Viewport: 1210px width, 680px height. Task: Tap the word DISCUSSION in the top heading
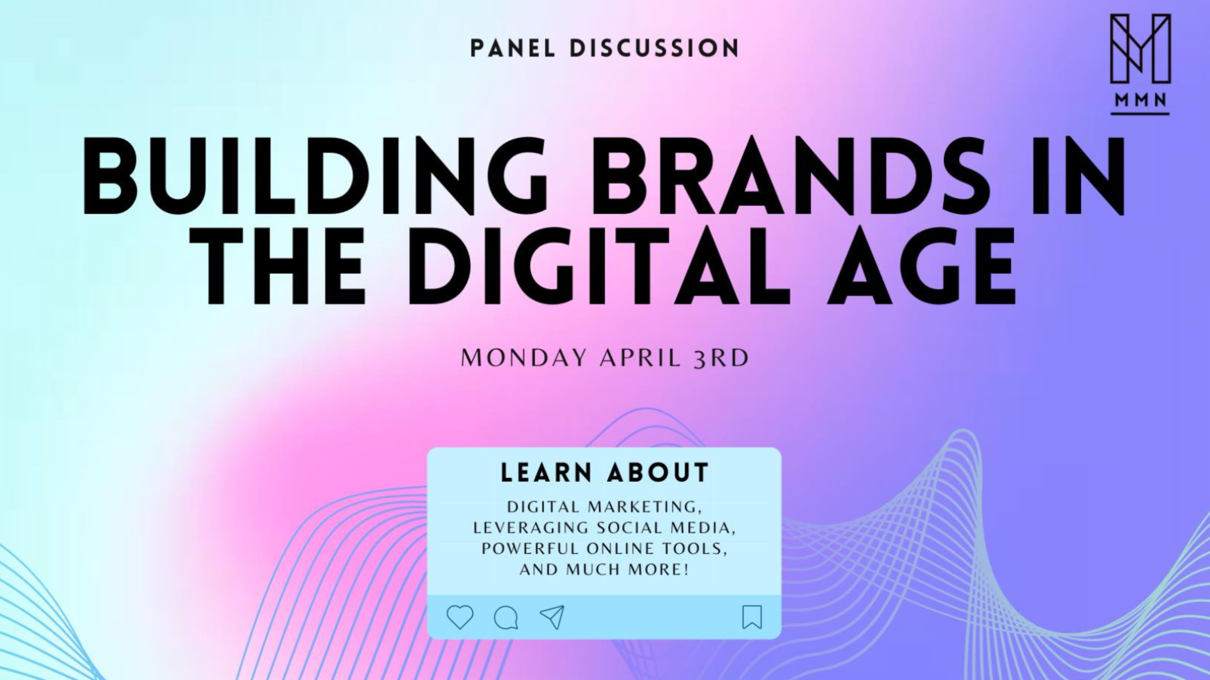point(654,48)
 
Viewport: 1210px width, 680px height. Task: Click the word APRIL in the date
point(640,358)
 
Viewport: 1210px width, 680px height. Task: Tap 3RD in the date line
point(721,358)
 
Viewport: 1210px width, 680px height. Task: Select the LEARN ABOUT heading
point(605,473)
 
